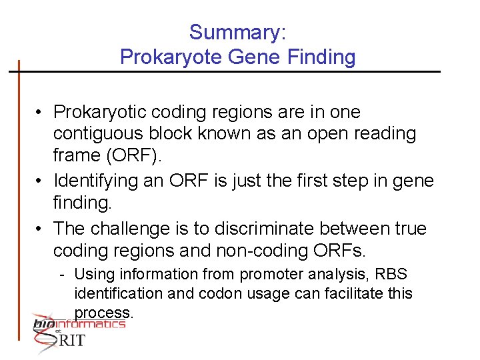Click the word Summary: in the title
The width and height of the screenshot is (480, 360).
point(238,32)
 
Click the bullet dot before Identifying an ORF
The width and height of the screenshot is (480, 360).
point(41,181)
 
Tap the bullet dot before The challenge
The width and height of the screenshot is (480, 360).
point(41,228)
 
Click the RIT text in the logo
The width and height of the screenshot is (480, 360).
point(73,340)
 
